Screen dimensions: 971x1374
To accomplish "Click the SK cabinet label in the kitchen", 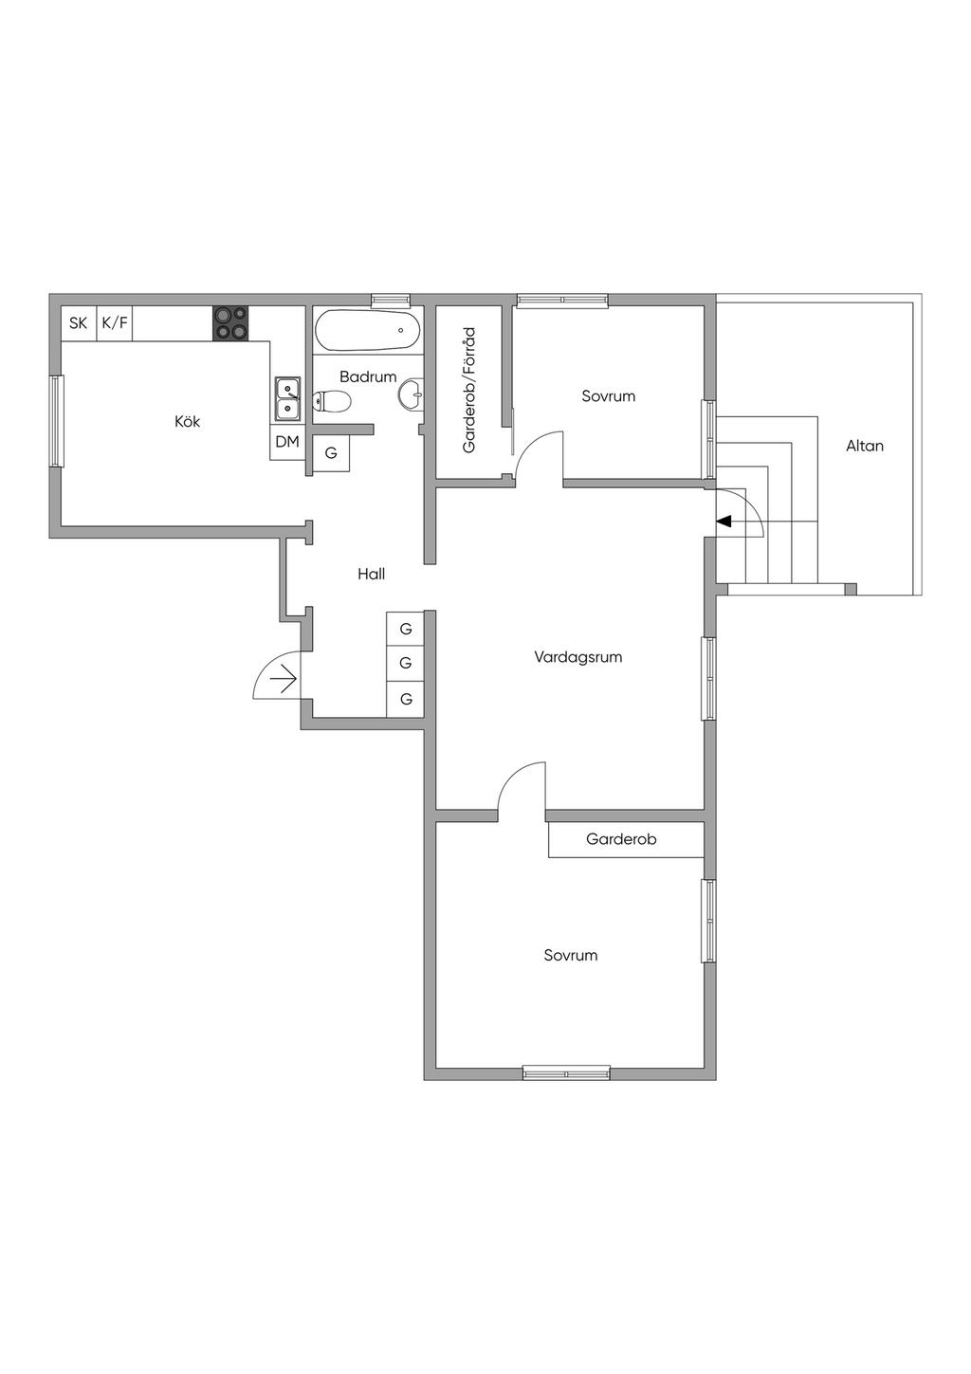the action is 79,322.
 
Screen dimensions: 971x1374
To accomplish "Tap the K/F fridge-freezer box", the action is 115,323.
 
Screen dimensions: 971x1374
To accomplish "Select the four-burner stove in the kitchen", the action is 231,323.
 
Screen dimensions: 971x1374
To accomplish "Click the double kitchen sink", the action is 287,398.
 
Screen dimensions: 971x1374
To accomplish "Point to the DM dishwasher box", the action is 287,442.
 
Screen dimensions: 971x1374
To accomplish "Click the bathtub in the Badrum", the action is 367,330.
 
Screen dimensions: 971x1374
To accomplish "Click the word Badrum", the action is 368,376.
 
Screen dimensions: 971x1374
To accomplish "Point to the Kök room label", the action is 188,422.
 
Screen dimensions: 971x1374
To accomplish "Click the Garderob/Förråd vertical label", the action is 469,390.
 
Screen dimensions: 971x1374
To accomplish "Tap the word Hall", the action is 372,574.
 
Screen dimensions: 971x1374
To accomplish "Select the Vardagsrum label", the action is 577,657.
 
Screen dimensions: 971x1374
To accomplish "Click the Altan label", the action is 865,446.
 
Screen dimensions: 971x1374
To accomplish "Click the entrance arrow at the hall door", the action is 284,679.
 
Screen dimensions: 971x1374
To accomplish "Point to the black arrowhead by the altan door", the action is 724,522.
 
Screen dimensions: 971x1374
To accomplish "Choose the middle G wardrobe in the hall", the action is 406,663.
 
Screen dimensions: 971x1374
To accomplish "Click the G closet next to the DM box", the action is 331,453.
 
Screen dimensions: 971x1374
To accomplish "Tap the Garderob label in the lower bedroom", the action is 621,839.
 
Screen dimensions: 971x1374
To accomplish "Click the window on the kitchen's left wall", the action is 57,421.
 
